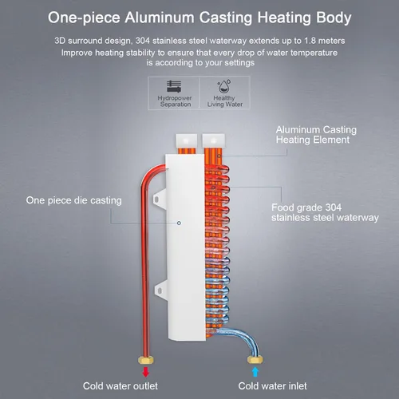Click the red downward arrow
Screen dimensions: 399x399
pos(145,372)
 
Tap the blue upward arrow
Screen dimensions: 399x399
pos(255,372)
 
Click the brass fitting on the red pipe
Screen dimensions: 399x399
pos(146,360)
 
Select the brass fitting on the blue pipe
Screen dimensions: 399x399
pos(255,360)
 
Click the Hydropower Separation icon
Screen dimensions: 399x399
pos(174,86)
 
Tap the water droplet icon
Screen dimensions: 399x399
pos(224,86)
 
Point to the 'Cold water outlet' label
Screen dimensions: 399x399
pos(120,386)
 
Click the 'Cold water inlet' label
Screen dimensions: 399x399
pos(272,386)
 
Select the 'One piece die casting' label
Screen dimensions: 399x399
pos(73,200)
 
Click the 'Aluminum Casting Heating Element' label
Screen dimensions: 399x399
pos(316,135)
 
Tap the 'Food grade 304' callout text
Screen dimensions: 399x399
pos(306,207)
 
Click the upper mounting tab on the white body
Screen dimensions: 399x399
pos(160,199)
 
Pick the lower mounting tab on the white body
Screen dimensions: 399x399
pos(160,290)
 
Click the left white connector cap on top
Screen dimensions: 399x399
pos(186,140)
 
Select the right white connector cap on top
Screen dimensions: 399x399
pos(213,140)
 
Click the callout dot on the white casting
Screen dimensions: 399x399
pos(179,223)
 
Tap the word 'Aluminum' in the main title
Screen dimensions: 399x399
pos(160,18)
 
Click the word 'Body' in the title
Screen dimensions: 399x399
pos(334,18)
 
